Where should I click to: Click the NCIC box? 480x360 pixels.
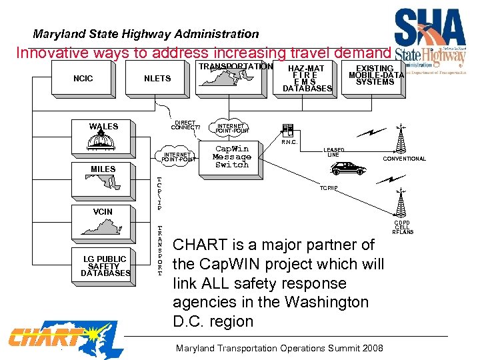83,79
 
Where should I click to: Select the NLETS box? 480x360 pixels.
157,79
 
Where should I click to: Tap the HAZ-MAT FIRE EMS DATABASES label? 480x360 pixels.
307,79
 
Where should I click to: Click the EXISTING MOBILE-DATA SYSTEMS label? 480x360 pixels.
375,75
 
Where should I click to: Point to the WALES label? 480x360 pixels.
103,126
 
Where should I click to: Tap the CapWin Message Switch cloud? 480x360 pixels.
231,157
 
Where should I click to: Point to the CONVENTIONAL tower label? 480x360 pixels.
404,159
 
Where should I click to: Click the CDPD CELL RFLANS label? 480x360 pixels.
402,227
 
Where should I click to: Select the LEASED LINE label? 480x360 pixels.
333,152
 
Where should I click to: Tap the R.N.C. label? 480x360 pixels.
290,142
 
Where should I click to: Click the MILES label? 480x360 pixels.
103,169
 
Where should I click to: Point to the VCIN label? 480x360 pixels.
103,211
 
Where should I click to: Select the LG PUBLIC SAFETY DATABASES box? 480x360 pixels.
105,266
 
